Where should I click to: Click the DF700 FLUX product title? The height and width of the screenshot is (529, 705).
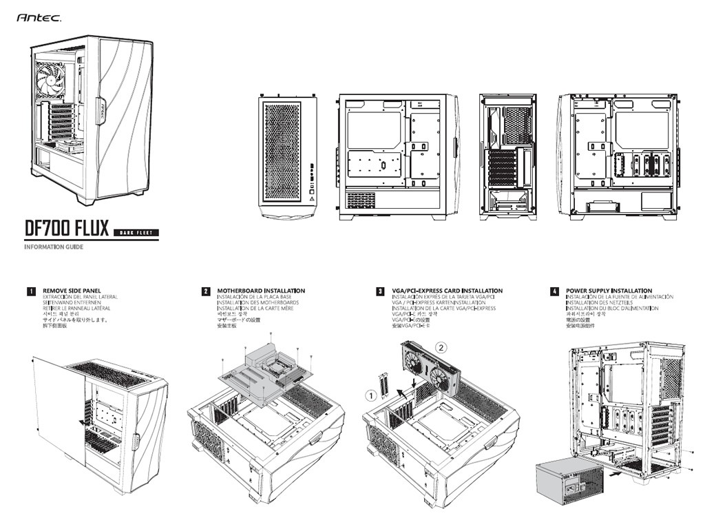click(x=67, y=228)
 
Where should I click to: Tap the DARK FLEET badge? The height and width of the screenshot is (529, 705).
click(x=136, y=231)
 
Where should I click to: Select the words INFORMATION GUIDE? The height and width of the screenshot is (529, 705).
click(x=54, y=247)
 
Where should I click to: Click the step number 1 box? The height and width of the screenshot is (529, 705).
click(x=31, y=291)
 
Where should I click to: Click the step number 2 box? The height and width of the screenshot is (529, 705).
click(x=205, y=291)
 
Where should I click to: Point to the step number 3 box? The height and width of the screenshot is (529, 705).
click(x=380, y=291)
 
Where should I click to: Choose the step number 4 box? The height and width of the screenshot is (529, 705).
click(x=554, y=291)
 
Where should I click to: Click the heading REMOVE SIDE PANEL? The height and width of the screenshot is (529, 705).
click(x=72, y=291)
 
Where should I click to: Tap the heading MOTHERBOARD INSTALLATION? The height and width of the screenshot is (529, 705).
click(x=261, y=291)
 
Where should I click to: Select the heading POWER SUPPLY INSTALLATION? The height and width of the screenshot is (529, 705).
click(x=609, y=291)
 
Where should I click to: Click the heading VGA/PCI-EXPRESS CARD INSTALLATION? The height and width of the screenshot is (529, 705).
click(x=447, y=291)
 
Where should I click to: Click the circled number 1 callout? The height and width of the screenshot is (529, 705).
click(x=371, y=395)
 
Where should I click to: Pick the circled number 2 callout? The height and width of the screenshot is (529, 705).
click(x=443, y=348)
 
